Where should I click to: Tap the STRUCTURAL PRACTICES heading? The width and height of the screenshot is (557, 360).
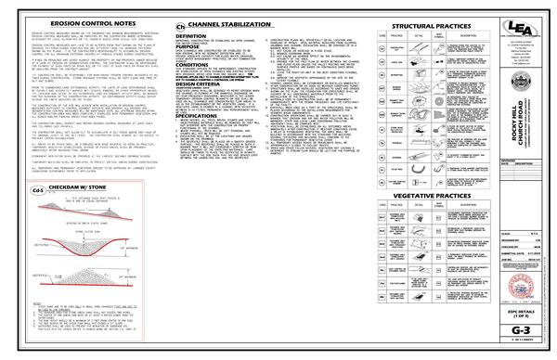[x=426, y=26]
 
